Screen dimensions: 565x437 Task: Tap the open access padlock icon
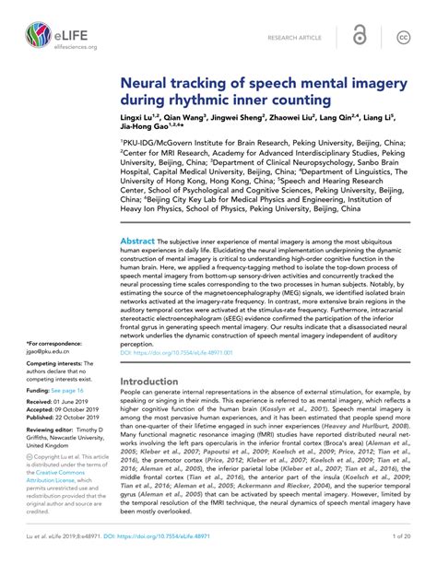[x=360, y=36]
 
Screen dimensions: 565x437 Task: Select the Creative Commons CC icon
[x=402, y=36]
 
